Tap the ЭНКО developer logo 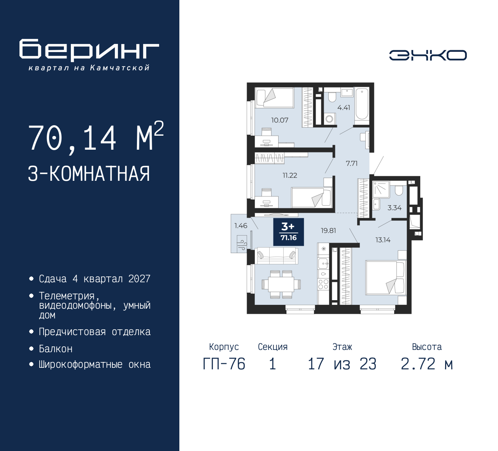pos(428,55)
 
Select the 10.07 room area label pos(279,120)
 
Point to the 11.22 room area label pos(290,175)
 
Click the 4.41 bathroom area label pos(344,108)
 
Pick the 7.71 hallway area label pos(352,163)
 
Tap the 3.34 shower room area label pos(395,208)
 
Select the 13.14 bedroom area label pos(383,240)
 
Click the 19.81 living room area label pos(328,231)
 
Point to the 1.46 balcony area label pos(240,226)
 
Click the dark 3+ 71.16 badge pos(288,232)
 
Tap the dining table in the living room pos(281,284)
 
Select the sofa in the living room pos(276,256)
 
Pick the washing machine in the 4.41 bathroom pos(330,119)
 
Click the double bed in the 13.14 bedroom pos(385,277)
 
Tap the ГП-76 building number pos(224,364)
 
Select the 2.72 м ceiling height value pos(427,364)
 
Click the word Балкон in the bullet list pos(56,349)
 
